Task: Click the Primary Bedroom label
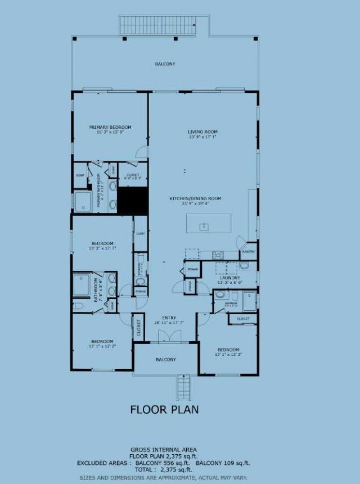point(110,128)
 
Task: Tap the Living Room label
point(202,132)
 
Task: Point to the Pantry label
point(249,252)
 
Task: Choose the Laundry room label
point(230,278)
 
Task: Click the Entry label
point(169,318)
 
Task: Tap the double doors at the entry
point(165,336)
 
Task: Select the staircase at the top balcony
point(157,25)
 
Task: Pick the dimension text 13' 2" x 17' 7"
point(102,248)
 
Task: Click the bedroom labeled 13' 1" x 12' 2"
point(102,341)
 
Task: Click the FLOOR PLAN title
point(164,409)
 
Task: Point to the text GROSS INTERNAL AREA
point(164,450)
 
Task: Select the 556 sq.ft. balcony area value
point(180,463)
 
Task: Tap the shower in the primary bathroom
point(83,201)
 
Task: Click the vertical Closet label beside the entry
point(138,328)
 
